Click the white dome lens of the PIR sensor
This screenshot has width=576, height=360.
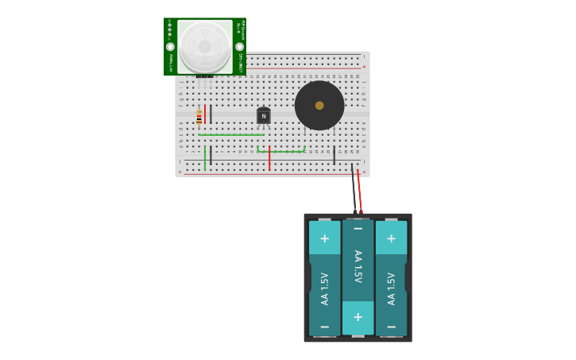[x=205, y=46]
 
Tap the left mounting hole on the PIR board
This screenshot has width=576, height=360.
[x=170, y=47]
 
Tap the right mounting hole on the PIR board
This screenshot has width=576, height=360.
[x=239, y=47]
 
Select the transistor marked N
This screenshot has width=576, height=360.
[x=264, y=116]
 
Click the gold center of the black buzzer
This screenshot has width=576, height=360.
[x=319, y=105]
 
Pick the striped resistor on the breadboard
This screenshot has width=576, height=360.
[x=199, y=117]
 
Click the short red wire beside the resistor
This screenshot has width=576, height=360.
[x=205, y=114]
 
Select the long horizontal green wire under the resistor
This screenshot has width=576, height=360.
[x=230, y=135]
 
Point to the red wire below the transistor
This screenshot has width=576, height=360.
[x=269, y=157]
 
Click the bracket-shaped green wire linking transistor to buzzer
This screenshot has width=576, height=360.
[x=280, y=151]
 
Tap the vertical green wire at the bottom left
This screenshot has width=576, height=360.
[x=205, y=157]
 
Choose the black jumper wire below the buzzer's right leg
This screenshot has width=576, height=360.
[x=334, y=155]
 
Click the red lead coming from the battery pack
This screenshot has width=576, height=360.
[x=359, y=191]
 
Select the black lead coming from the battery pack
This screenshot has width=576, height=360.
[x=354, y=191]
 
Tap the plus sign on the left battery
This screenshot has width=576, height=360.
[x=324, y=238]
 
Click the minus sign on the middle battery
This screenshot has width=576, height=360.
[x=358, y=229]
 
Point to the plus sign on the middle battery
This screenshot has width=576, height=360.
[x=358, y=317]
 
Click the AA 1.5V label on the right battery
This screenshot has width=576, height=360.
[x=391, y=288]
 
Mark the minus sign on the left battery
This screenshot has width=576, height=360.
[x=324, y=327]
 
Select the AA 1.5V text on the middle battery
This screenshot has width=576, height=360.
[x=358, y=266]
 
